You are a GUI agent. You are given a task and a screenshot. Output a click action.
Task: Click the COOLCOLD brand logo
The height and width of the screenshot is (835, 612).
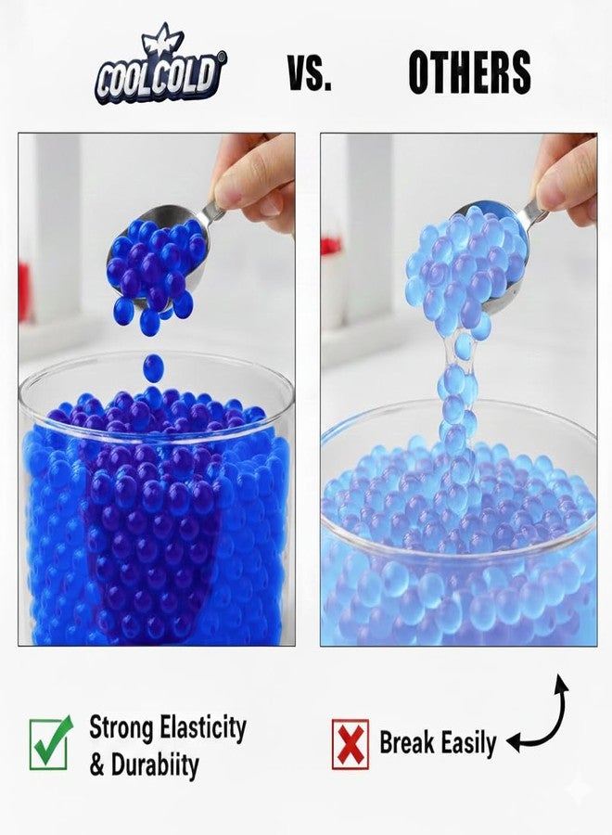pos(160,71)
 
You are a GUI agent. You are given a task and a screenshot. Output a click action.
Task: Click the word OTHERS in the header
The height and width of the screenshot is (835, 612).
pos(469,73)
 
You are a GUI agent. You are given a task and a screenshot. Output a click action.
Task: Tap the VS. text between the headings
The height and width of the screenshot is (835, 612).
pos(309,74)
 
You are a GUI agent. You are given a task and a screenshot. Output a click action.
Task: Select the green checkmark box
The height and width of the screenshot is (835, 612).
pos(51,742)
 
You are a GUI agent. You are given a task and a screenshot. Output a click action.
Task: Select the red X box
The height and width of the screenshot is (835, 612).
pos(350,744)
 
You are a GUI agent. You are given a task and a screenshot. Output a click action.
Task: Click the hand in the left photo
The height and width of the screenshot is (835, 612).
pos(255,176)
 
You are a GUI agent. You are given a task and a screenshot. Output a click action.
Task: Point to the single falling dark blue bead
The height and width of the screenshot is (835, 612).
pos(153,366)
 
